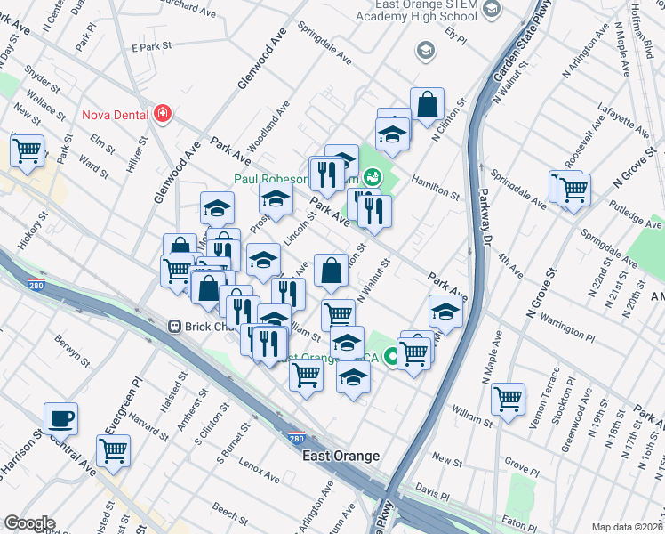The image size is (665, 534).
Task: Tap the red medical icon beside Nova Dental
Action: [163, 114]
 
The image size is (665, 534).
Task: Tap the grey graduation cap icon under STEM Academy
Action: [426, 50]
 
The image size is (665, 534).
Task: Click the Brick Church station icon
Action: [175, 327]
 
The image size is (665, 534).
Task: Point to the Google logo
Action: [29, 523]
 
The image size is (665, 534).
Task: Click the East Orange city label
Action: [341, 456]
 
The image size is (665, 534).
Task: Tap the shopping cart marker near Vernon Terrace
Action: [508, 399]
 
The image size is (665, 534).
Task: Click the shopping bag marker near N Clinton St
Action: [428, 104]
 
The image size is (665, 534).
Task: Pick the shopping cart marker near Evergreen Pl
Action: [113, 450]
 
